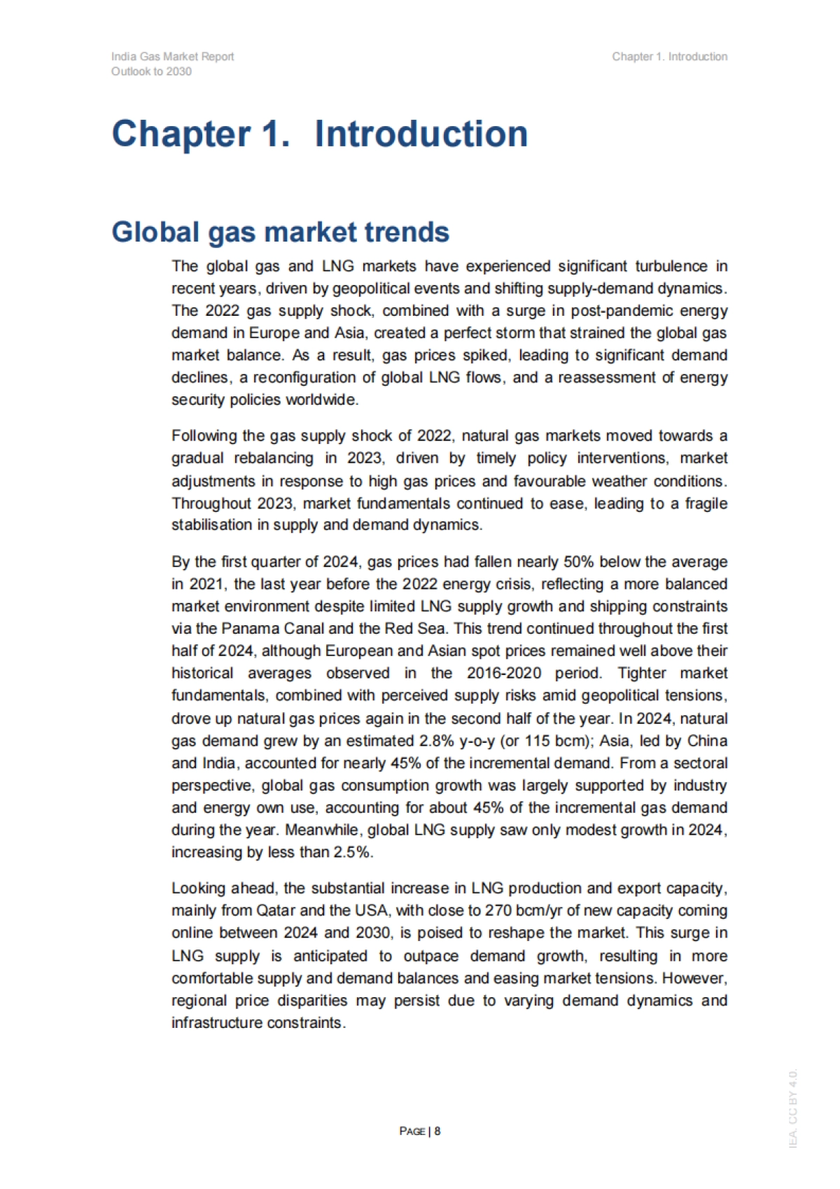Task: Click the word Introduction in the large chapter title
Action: pos(421,134)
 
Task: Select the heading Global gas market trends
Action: pos(280,232)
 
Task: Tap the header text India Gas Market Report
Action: pos(172,57)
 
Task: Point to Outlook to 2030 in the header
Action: pos(151,71)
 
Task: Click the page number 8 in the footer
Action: pos(437,1130)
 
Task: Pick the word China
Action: pos(707,741)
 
